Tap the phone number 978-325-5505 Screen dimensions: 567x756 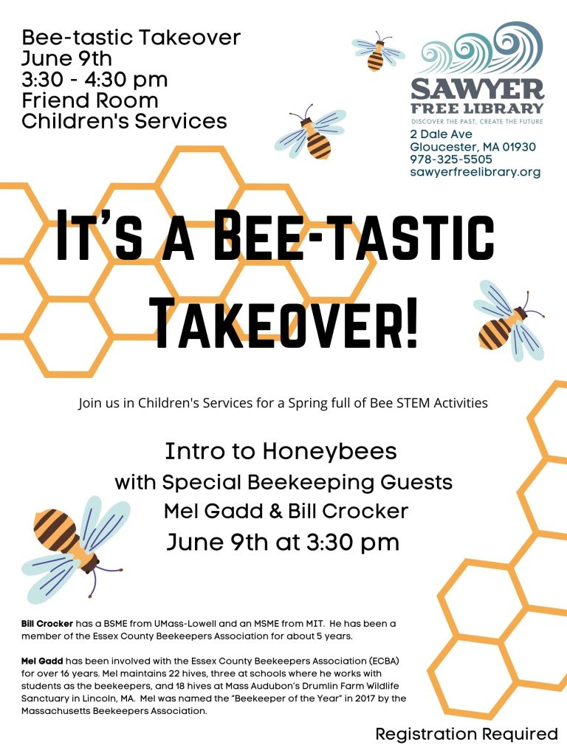(451, 159)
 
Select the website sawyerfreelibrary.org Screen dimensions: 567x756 (475, 172)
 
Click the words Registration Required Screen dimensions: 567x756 (467, 734)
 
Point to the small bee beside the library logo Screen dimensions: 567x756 (377, 51)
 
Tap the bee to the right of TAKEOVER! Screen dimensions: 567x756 (510, 320)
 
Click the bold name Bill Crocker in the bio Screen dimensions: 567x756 (47, 623)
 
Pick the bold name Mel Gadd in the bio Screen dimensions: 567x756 (42, 661)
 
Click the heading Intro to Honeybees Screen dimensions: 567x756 (281, 452)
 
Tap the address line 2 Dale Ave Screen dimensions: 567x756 (441, 134)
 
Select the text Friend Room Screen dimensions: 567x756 (89, 100)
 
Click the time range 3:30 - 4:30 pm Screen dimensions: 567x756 (94, 80)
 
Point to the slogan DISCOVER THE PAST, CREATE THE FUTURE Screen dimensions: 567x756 (477, 122)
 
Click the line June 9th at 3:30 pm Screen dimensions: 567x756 (283, 543)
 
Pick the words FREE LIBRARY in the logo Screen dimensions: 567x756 (477, 108)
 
